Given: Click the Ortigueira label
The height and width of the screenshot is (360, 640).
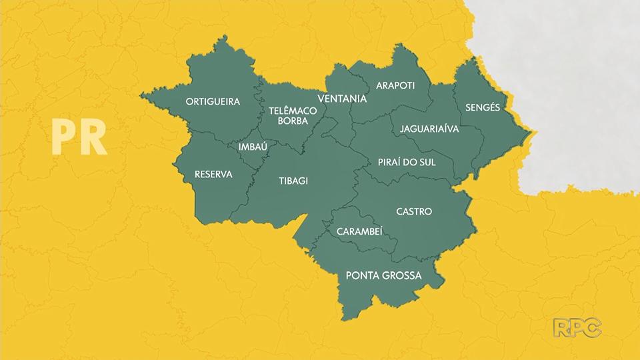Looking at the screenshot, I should pos(213,102).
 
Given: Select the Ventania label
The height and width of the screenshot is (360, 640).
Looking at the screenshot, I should pos(342,99).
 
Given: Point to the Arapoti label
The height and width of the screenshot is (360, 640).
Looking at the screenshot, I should pos(395,85).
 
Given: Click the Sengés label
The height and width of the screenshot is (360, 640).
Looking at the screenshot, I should pos(483,107).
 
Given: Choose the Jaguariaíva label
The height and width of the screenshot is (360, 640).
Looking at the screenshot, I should pos(429,129).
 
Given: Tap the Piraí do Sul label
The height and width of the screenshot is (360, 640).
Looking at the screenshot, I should pos(406,163).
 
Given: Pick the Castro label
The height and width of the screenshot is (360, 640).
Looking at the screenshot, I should pos(413,211).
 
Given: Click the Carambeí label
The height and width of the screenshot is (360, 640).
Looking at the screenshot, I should pos(359,231).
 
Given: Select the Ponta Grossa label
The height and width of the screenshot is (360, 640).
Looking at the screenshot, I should pos(383,275).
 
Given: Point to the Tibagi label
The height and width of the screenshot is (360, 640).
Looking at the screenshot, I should pos(293,180).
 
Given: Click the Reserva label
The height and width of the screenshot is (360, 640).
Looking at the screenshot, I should pos(213,174).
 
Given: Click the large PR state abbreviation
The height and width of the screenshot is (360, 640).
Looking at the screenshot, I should pos(79,137).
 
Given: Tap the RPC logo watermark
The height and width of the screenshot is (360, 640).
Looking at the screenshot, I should pos(577,327).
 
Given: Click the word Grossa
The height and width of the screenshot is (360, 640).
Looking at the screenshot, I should pos(405,275).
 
